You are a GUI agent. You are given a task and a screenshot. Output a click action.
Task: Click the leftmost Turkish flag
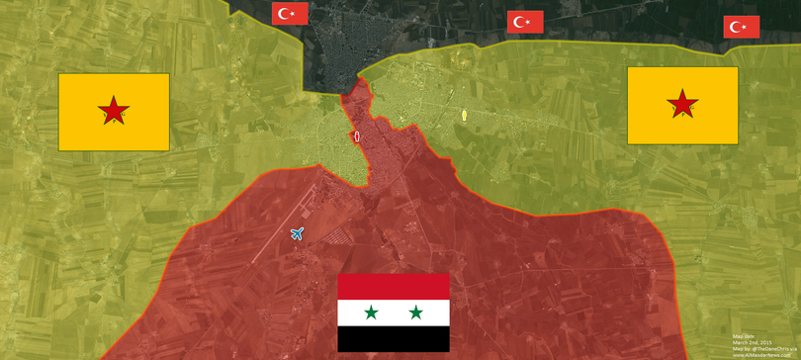pyautogui.click(x=291, y=14)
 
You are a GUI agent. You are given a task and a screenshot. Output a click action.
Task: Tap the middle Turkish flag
pyautogui.click(x=525, y=22)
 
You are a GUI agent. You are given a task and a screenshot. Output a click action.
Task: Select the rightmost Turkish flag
pyautogui.click(x=742, y=28)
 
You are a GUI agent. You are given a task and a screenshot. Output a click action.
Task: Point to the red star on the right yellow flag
pyautogui.click(x=681, y=102)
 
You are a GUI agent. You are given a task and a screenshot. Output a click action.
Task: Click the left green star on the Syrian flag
pyautogui.click(x=371, y=313)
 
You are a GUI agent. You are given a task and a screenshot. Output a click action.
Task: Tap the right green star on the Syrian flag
pyautogui.click(x=416, y=313)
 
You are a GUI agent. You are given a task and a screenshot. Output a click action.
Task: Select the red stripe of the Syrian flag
pyautogui.click(x=394, y=286)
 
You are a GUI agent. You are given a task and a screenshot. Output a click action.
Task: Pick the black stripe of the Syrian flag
pyautogui.click(x=394, y=339)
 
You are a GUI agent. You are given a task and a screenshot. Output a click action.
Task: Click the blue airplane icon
pyautogui.click(x=297, y=233)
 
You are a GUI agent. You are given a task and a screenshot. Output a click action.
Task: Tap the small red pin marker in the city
pyautogui.click(x=355, y=137)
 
